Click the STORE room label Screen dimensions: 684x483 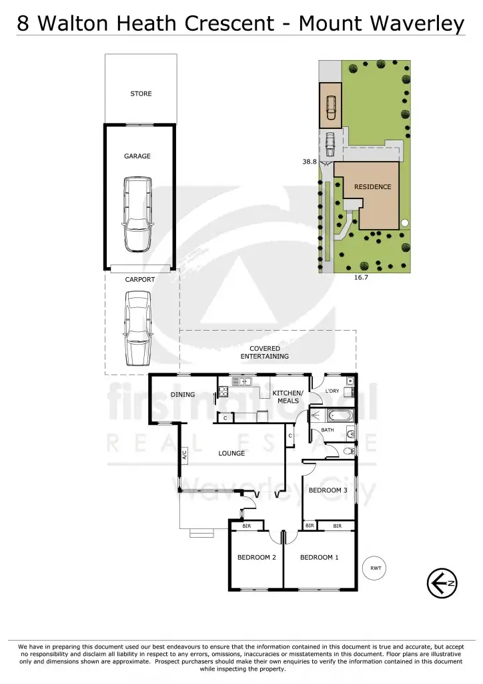click(x=141, y=94)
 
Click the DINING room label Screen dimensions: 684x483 click(x=182, y=395)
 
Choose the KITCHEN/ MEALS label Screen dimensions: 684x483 click(x=288, y=397)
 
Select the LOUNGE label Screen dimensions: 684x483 click(x=231, y=454)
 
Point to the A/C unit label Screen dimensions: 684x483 click(x=185, y=456)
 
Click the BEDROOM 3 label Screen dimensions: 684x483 click(x=328, y=491)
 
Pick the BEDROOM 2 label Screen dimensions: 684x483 click(x=257, y=558)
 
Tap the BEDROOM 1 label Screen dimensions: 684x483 click(x=320, y=558)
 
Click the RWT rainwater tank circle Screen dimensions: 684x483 click(x=376, y=568)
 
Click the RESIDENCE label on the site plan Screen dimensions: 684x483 click(x=372, y=187)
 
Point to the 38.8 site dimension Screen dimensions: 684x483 click(x=309, y=162)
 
